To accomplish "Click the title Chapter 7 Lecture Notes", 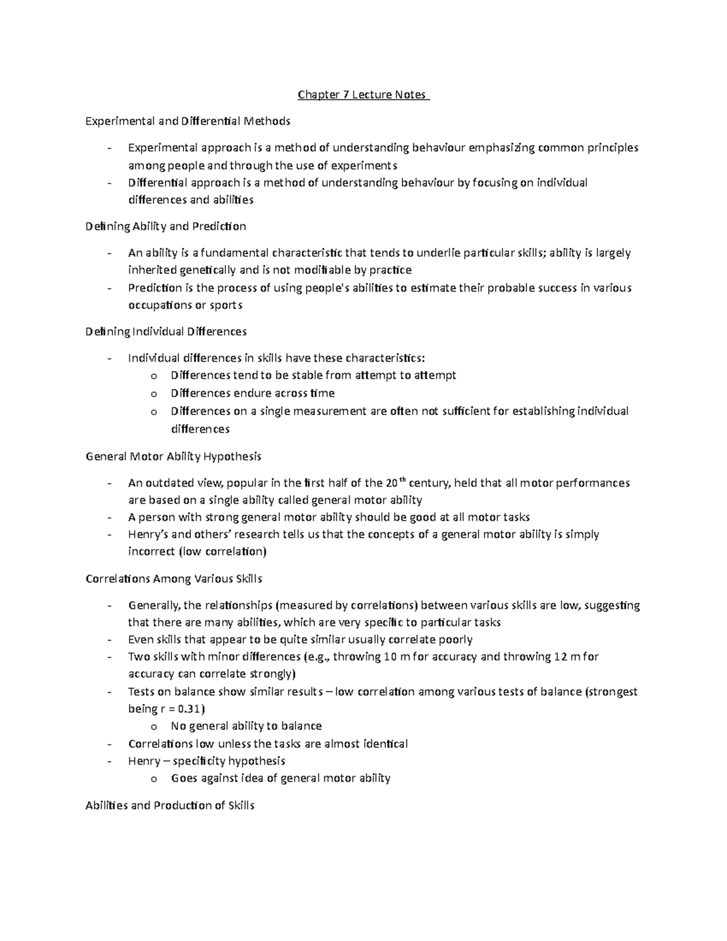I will (x=363, y=95).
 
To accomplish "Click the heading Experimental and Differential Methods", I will (x=188, y=121).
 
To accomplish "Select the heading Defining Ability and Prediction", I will (x=165, y=227).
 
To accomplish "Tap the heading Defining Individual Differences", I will (x=166, y=331).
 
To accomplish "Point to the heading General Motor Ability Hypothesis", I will (x=173, y=456).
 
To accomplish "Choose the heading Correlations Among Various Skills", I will (x=174, y=579).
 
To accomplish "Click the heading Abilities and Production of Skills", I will (x=170, y=805).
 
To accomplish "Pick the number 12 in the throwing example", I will (x=560, y=656).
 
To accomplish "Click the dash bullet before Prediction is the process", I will (x=109, y=288).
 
